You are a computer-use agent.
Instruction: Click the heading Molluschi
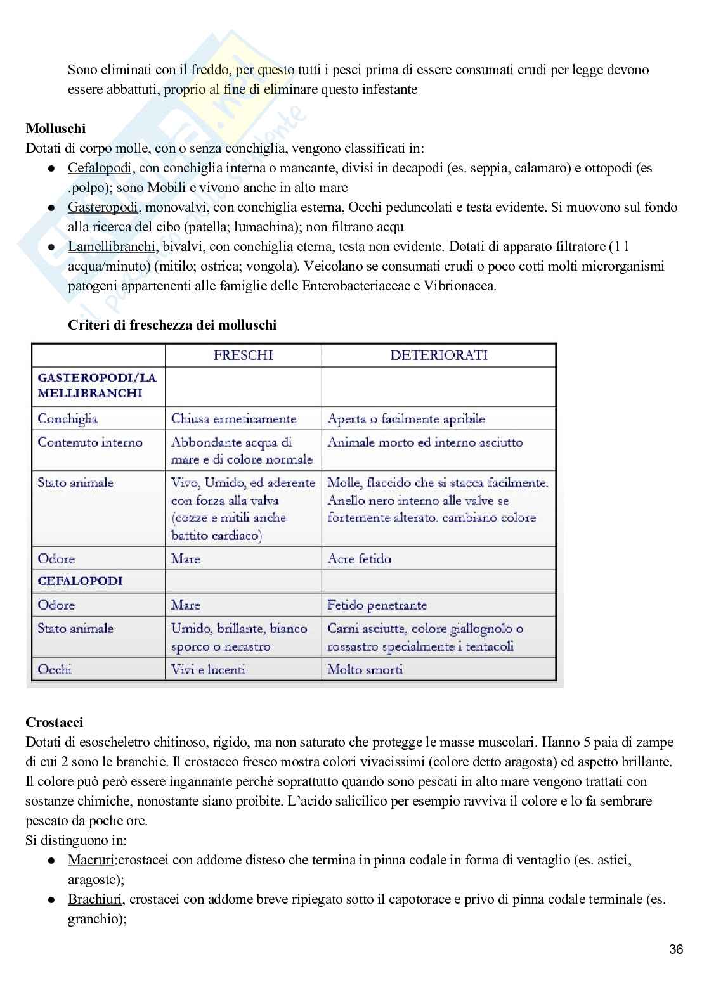pos(56,129)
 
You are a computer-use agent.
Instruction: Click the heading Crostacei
pos(55,722)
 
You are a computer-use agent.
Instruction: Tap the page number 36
pos(676,949)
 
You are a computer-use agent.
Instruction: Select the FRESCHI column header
pos(243,355)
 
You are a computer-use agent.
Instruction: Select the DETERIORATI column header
pos(438,355)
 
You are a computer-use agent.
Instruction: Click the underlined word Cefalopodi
pos(100,168)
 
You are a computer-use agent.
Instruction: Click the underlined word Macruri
pos(91,860)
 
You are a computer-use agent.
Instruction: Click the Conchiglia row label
pos(67,419)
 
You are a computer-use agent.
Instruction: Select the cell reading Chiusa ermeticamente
pos(233,419)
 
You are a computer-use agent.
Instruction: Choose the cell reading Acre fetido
pos(359,559)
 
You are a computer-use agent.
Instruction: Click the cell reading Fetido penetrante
pos(377,605)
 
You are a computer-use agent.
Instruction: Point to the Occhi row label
pos(55,669)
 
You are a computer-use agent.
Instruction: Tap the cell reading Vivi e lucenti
pos(208,669)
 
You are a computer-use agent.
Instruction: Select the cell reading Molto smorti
pos(365,669)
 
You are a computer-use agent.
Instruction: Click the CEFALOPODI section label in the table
pos(80,581)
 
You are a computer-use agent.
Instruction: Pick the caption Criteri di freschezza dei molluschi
pos(172,325)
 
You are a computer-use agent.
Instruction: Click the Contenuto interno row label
pos(90,442)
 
